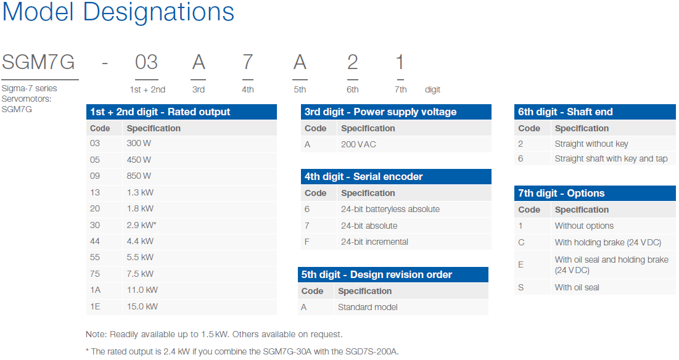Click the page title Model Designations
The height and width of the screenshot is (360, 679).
(118, 12)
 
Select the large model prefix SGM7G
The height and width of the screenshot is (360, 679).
(38, 62)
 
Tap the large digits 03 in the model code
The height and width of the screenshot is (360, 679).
(146, 62)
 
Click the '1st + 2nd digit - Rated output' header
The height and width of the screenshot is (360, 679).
(160, 112)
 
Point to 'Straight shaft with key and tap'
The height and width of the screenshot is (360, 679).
(611, 159)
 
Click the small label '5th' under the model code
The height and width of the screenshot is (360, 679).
(300, 89)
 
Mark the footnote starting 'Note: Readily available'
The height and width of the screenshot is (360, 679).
(214, 335)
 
